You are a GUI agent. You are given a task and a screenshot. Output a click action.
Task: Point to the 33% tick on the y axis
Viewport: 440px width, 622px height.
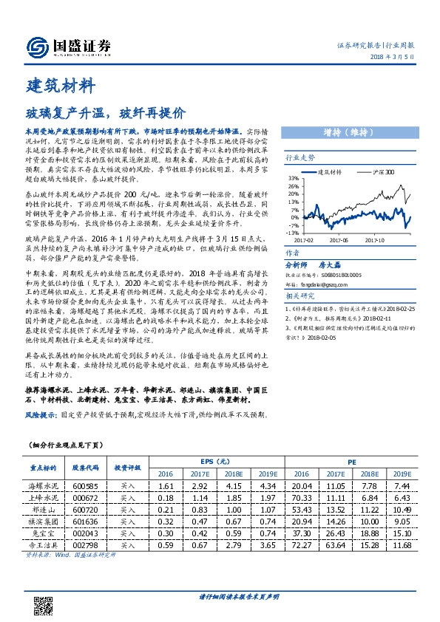pos(294,178)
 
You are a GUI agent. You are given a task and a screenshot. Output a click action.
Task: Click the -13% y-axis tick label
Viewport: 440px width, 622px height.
pos(293,231)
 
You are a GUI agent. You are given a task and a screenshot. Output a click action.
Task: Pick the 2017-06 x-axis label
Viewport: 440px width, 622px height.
pos(339,239)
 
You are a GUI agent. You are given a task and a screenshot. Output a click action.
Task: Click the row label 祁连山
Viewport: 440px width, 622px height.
pos(41,510)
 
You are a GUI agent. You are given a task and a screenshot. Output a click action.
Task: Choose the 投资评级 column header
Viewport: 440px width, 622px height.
pos(127,468)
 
